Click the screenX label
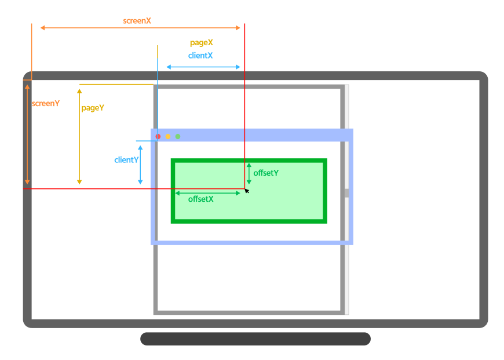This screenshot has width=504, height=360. (137, 21)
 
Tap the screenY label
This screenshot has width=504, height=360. (46, 104)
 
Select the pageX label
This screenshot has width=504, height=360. (202, 43)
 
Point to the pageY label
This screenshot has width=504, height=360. (93, 108)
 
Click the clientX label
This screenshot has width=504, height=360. (200, 56)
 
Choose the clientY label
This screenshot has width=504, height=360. (126, 160)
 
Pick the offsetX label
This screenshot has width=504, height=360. (201, 199)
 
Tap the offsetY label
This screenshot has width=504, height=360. (266, 173)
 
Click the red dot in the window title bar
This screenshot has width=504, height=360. (158, 136)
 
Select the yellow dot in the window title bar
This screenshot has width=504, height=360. (168, 136)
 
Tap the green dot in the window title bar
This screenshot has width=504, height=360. (178, 136)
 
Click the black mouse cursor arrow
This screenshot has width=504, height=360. (247, 190)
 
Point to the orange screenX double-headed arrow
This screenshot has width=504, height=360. (140, 28)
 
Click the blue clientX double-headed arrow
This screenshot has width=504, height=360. (203, 67)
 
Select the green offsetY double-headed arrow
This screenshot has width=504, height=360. (249, 173)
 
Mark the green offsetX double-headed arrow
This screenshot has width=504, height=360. (207, 192)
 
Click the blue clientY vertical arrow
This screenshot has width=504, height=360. (140, 165)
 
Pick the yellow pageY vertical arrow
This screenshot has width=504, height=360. (79, 136)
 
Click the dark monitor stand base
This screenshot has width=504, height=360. (255, 339)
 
